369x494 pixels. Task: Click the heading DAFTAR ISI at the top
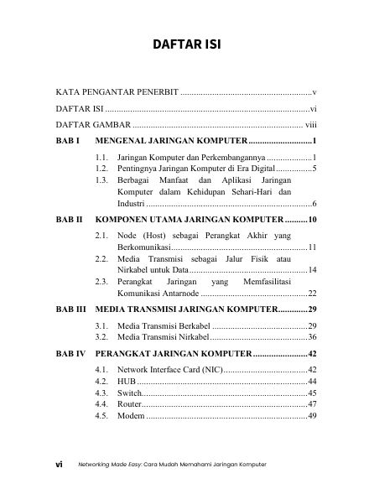tap(184, 44)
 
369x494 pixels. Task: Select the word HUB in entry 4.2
tap(127, 381)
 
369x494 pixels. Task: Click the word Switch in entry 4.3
tap(129, 393)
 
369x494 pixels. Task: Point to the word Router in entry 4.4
tap(130, 404)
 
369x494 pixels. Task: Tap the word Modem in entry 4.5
tap(132, 416)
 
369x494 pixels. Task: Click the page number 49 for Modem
tap(310, 416)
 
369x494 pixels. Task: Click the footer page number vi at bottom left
tap(60, 464)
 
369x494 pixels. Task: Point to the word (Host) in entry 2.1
tap(164, 237)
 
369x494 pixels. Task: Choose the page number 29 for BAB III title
tap(310, 309)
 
